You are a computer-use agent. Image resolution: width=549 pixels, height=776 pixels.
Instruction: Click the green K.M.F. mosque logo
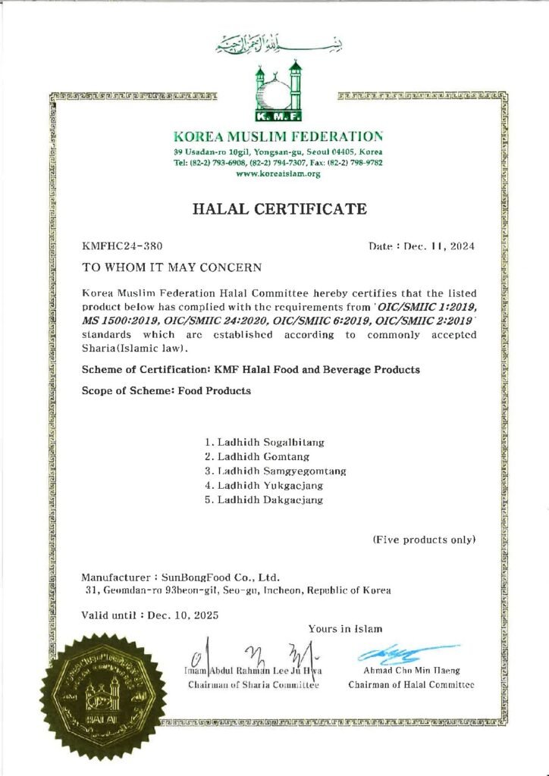pyautogui.click(x=278, y=95)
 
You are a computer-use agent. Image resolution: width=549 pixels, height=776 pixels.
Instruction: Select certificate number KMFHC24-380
pyautogui.click(x=121, y=246)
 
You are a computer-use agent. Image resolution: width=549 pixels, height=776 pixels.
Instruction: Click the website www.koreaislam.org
pyautogui.click(x=278, y=174)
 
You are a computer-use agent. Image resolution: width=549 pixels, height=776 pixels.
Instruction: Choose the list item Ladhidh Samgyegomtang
pyautogui.click(x=275, y=471)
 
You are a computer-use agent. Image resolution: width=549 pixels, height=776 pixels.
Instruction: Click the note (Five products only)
pyautogui.click(x=424, y=540)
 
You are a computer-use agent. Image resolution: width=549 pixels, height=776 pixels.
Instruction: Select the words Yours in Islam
pyautogui.click(x=346, y=629)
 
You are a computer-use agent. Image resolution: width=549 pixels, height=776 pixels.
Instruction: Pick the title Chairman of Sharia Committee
pyautogui.click(x=253, y=685)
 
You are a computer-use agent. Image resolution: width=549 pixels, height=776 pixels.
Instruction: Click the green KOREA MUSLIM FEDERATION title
pyautogui.click(x=278, y=137)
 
